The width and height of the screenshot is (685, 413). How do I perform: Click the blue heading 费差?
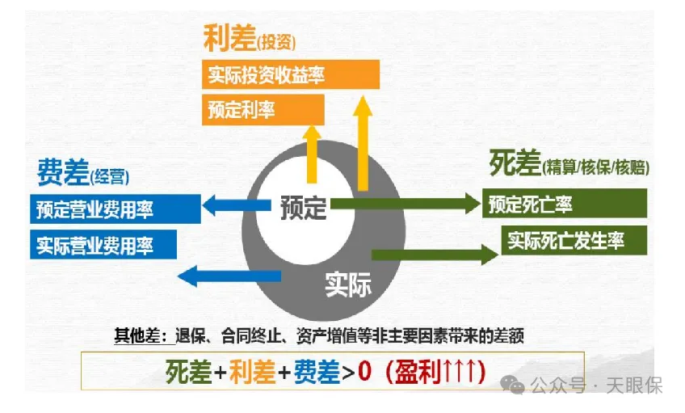point(61,172)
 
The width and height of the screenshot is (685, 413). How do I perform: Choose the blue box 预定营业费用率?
point(116,209)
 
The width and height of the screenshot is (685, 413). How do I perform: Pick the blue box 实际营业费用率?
point(103,244)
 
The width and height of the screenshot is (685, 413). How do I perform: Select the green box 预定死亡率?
point(564,204)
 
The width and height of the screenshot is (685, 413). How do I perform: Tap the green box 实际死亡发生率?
point(575,240)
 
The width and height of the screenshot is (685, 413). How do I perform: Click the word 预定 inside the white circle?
point(304,208)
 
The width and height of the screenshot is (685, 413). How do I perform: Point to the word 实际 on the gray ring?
point(347,284)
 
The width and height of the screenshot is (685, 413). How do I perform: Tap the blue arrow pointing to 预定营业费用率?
point(230,206)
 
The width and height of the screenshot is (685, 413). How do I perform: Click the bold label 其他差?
point(134,335)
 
